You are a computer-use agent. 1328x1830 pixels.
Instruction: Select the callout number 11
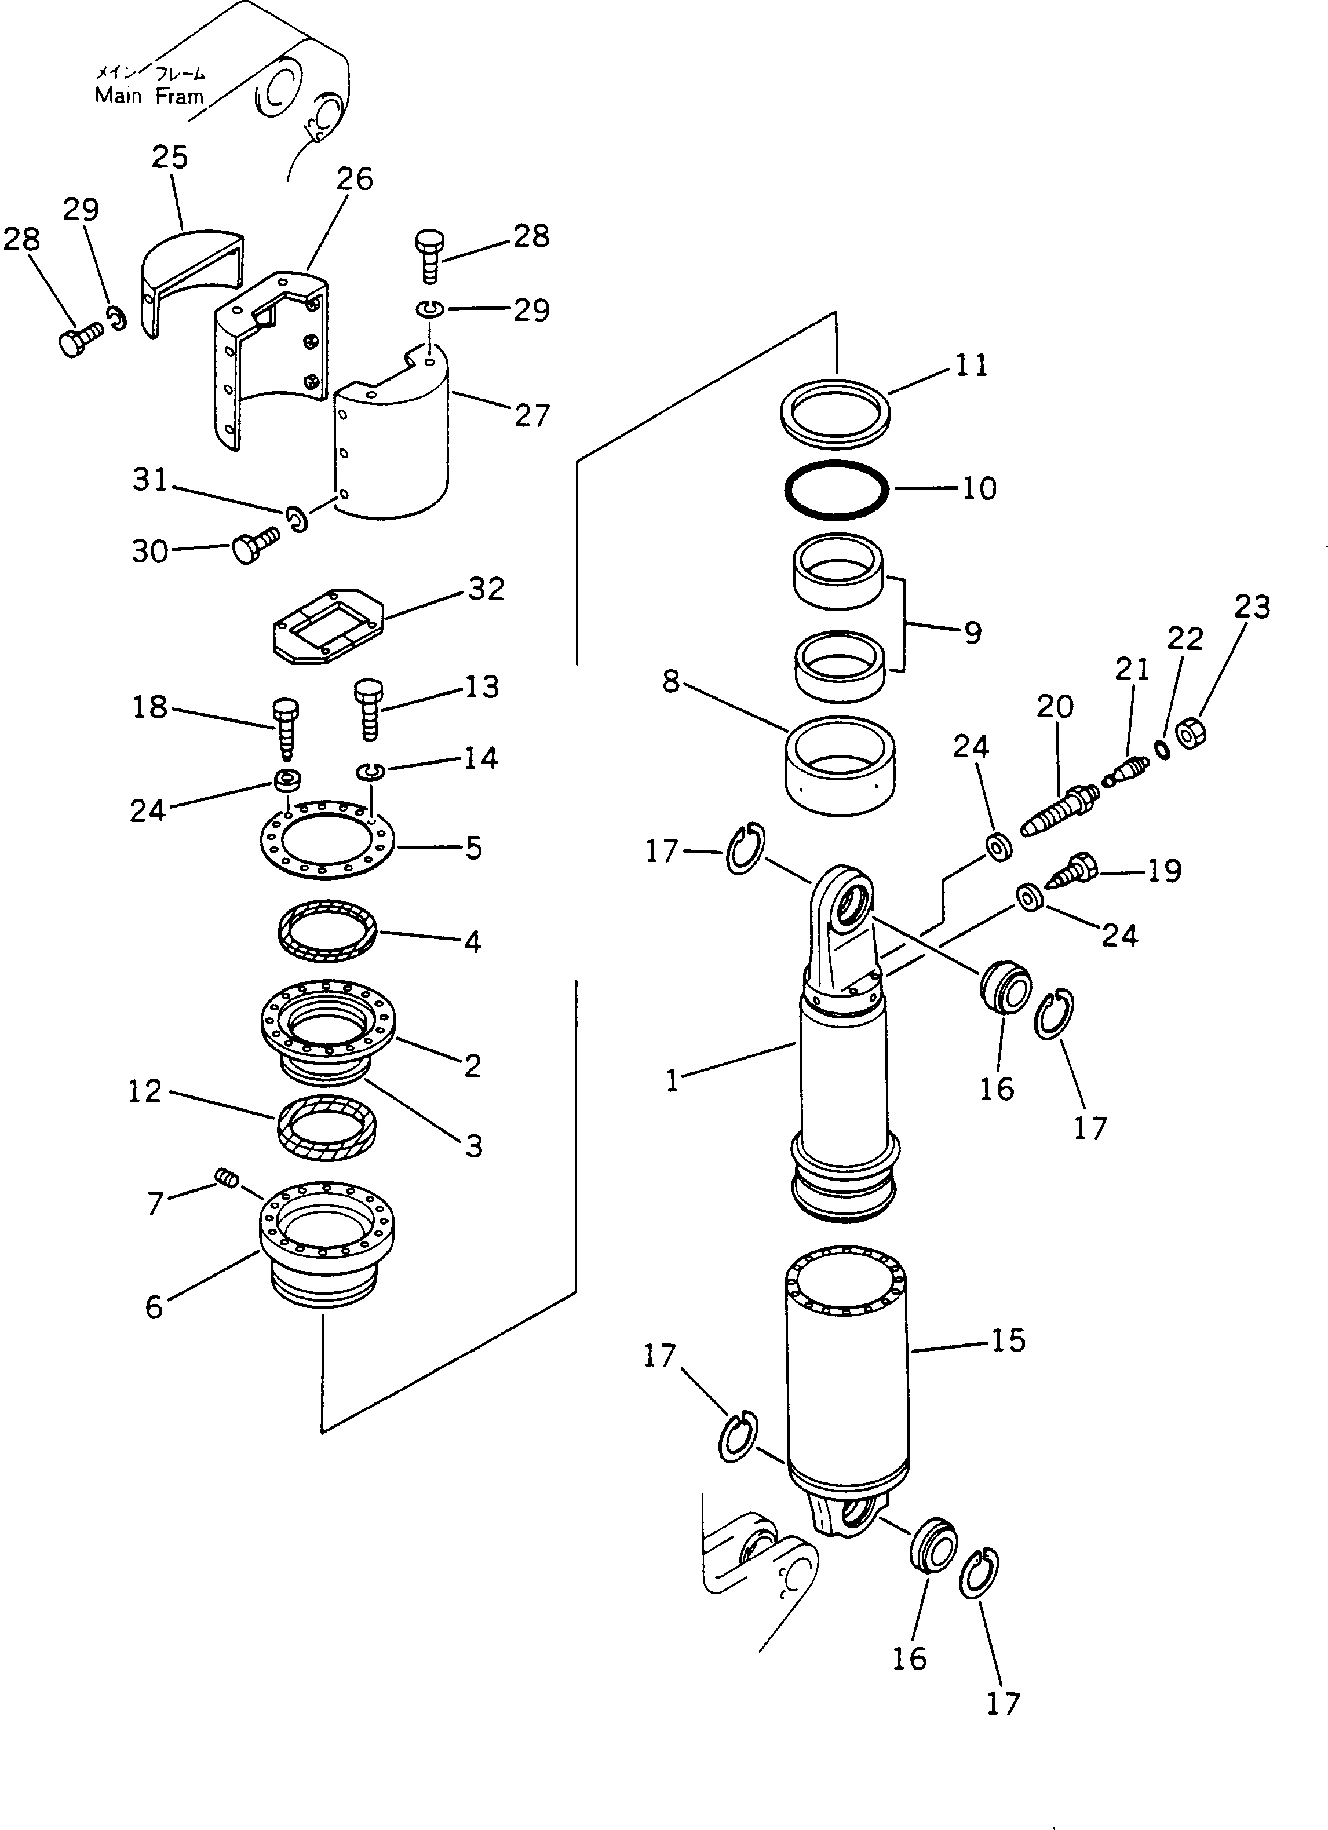(972, 366)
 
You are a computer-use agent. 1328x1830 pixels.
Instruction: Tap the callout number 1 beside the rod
(672, 1080)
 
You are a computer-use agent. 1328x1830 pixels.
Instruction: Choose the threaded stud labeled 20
(1057, 809)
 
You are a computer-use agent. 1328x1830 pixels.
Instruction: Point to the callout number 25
(169, 158)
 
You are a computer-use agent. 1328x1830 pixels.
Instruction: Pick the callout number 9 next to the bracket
(972, 633)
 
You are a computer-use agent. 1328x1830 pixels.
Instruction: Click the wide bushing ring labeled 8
(840, 766)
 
